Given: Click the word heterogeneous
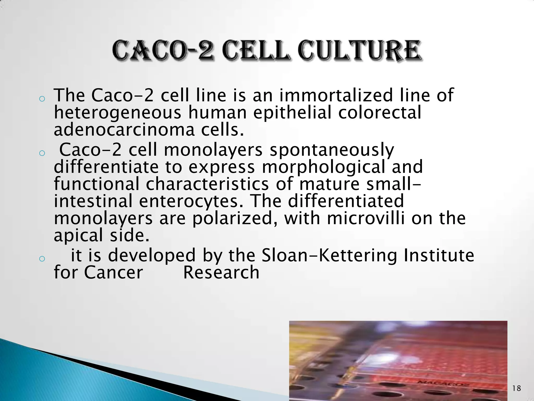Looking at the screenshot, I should tap(117, 113).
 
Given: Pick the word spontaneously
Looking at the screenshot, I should tap(332, 150).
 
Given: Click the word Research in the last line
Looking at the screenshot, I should tap(221, 273).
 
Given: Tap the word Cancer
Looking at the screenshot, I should tap(113, 273).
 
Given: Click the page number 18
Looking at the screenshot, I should tap(517, 388).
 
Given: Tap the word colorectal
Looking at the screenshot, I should tap(379, 113).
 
